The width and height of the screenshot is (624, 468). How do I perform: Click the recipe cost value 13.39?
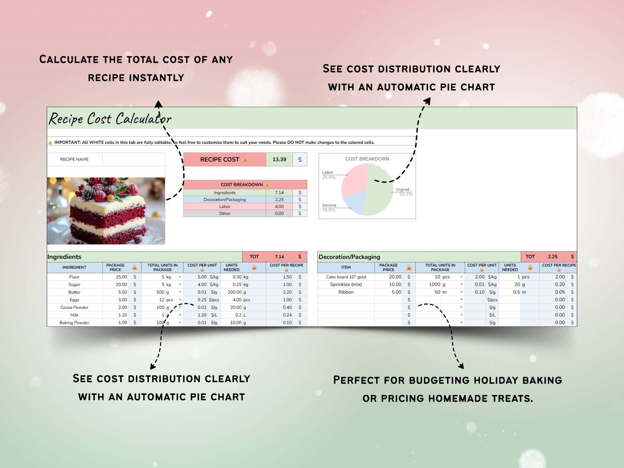pos(279,159)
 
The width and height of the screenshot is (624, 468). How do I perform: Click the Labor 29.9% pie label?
pos(329,175)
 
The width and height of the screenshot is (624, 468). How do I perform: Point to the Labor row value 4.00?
pos(279,207)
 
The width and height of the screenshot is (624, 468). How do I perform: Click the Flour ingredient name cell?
pos(74,277)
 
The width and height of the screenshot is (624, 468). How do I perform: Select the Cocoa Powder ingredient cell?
pos(74,307)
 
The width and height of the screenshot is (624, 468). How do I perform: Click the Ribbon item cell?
pos(346,292)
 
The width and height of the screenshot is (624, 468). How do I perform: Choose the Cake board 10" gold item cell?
pos(346,277)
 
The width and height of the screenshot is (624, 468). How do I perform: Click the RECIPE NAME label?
pos(74,159)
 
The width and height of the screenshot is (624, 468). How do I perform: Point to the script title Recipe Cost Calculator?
pos(110,119)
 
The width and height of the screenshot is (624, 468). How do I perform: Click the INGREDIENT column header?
pos(74,267)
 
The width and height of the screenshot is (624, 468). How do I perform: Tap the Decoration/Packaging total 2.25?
pos(553,256)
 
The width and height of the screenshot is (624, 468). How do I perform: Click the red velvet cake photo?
pos(106,211)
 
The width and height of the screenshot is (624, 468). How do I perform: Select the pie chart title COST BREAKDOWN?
pos(367,159)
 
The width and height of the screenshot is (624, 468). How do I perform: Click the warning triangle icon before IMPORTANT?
pos(50,143)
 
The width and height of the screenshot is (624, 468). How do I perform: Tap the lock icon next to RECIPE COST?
pos(245,160)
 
